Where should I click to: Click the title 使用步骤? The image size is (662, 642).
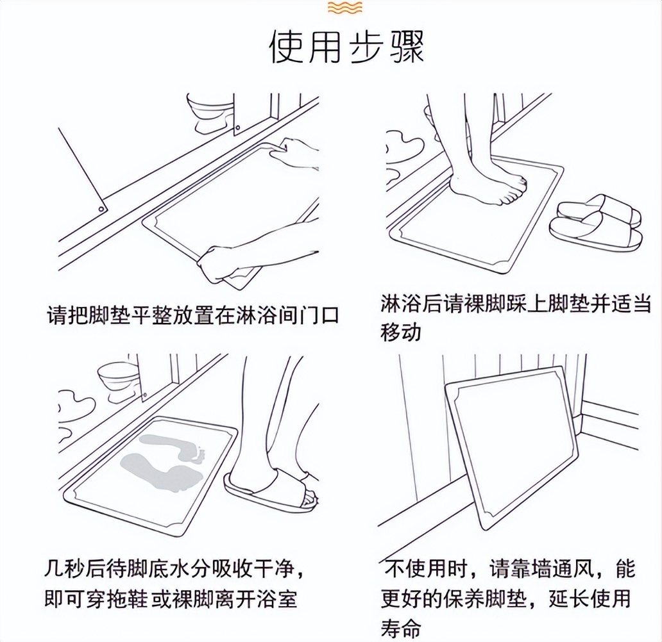346,46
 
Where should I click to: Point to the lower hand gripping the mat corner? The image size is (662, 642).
221,263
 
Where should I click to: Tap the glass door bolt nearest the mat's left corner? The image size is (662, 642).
101,209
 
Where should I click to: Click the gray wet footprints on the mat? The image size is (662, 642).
164,455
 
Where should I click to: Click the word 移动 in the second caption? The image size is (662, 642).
401,333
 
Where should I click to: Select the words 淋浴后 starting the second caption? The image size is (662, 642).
411,303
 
